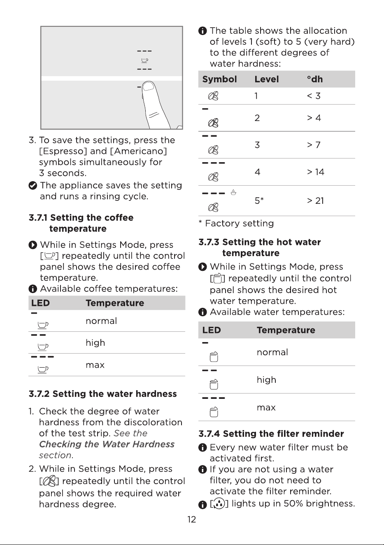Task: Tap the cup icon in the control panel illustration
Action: pyautogui.click(x=145, y=60)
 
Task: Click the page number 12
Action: pyautogui.click(x=192, y=519)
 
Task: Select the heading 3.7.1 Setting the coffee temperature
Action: pyautogui.click(x=81, y=223)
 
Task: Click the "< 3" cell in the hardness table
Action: pyautogui.click(x=314, y=96)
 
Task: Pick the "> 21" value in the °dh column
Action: pyautogui.click(x=315, y=201)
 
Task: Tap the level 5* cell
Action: pyautogui.click(x=259, y=200)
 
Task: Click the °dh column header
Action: pyautogui.click(x=315, y=79)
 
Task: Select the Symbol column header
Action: pyautogui.click(x=219, y=79)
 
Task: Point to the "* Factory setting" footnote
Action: pyautogui.click(x=236, y=224)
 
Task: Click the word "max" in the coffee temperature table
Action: pyautogui.click(x=95, y=365)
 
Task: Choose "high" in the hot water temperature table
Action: pyautogui.click(x=266, y=380)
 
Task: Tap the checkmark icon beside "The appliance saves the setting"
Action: pyautogui.click(x=33, y=185)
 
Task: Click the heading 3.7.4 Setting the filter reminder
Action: pyautogui.click(x=271, y=433)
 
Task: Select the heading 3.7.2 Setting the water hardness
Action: pyautogui.click(x=103, y=394)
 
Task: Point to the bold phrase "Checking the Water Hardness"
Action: pyautogui.click(x=107, y=444)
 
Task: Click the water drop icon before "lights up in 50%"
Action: pyautogui.click(x=219, y=503)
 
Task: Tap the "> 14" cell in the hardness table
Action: pyautogui.click(x=316, y=172)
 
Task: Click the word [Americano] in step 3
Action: pyautogui.click(x=138, y=151)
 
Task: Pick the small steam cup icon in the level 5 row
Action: pyautogui.click(x=233, y=192)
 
